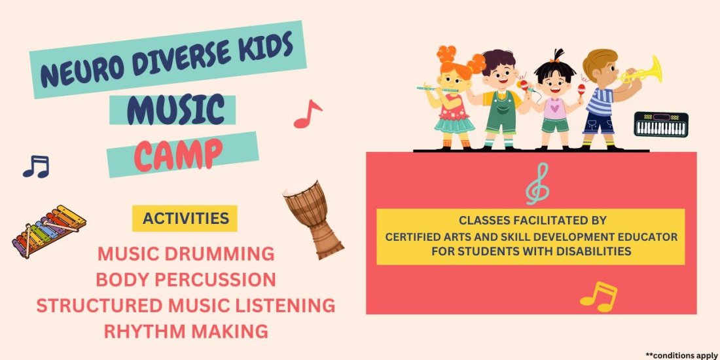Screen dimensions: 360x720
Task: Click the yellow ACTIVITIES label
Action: tap(185, 218)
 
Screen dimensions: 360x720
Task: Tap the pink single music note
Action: tap(307, 114)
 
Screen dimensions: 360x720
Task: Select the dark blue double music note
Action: tap(36, 167)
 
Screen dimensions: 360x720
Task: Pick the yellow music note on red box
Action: tap(599, 297)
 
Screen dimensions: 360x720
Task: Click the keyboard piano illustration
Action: tap(660, 124)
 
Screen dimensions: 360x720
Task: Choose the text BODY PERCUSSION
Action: tap(186, 279)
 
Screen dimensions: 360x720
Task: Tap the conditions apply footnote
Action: tap(681, 354)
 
